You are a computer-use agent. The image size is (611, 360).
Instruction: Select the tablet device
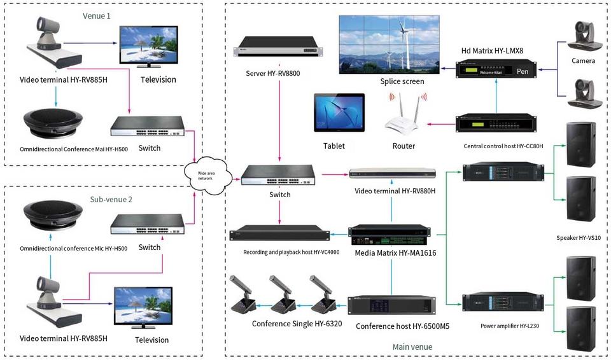click(x=339, y=113)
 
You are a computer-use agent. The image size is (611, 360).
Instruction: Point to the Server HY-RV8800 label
click(x=272, y=74)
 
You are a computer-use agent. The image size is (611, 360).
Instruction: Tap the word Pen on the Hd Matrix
click(x=523, y=72)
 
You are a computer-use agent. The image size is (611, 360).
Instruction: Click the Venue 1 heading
click(x=97, y=15)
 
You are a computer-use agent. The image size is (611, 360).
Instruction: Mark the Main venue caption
click(x=412, y=347)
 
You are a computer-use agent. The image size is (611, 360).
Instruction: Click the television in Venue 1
click(x=149, y=46)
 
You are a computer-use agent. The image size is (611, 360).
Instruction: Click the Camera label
click(x=583, y=61)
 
